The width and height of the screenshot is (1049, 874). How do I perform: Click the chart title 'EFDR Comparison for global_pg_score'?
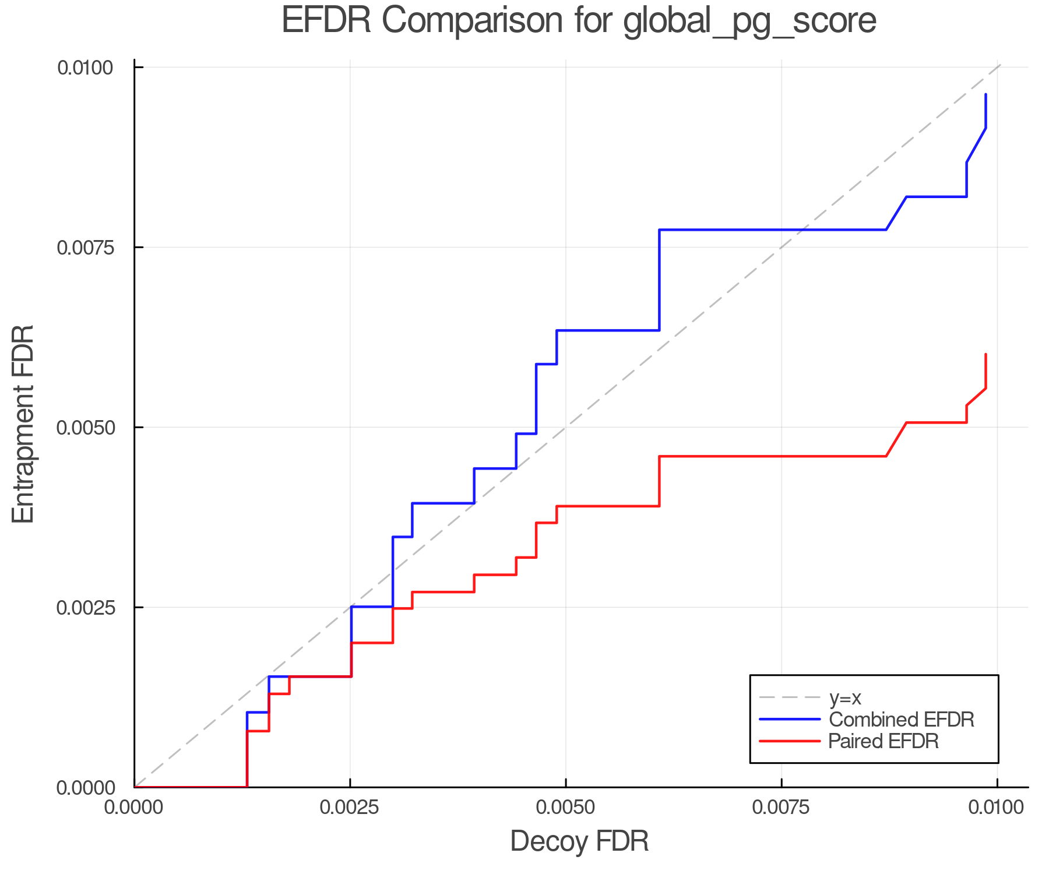(579, 21)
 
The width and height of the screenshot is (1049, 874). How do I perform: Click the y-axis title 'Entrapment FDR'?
(23, 424)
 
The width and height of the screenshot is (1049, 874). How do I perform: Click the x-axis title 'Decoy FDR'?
(579, 841)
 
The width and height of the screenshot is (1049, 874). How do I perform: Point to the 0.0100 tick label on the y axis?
(85, 68)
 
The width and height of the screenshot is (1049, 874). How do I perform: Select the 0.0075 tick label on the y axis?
(85, 248)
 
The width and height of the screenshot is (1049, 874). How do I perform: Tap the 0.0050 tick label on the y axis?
(85, 428)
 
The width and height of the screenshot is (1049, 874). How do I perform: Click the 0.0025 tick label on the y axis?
(85, 608)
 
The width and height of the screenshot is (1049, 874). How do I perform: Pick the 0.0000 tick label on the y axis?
(85, 788)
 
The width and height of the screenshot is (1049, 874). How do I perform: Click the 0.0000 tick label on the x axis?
(135, 808)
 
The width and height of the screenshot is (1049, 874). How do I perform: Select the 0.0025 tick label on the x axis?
(350, 808)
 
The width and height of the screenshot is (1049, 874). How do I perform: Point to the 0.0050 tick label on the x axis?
(566, 808)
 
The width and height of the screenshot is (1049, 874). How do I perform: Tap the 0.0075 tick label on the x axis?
(782, 808)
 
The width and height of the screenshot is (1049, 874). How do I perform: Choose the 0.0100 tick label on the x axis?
(997, 808)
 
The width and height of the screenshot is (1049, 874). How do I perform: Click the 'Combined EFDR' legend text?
(901, 720)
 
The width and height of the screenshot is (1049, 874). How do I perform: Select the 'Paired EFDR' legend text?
(883, 741)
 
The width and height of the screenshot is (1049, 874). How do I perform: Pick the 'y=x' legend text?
(844, 697)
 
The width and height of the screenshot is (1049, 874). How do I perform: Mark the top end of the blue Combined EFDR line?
(985, 94)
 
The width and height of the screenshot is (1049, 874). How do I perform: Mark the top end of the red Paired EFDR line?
(985, 354)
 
